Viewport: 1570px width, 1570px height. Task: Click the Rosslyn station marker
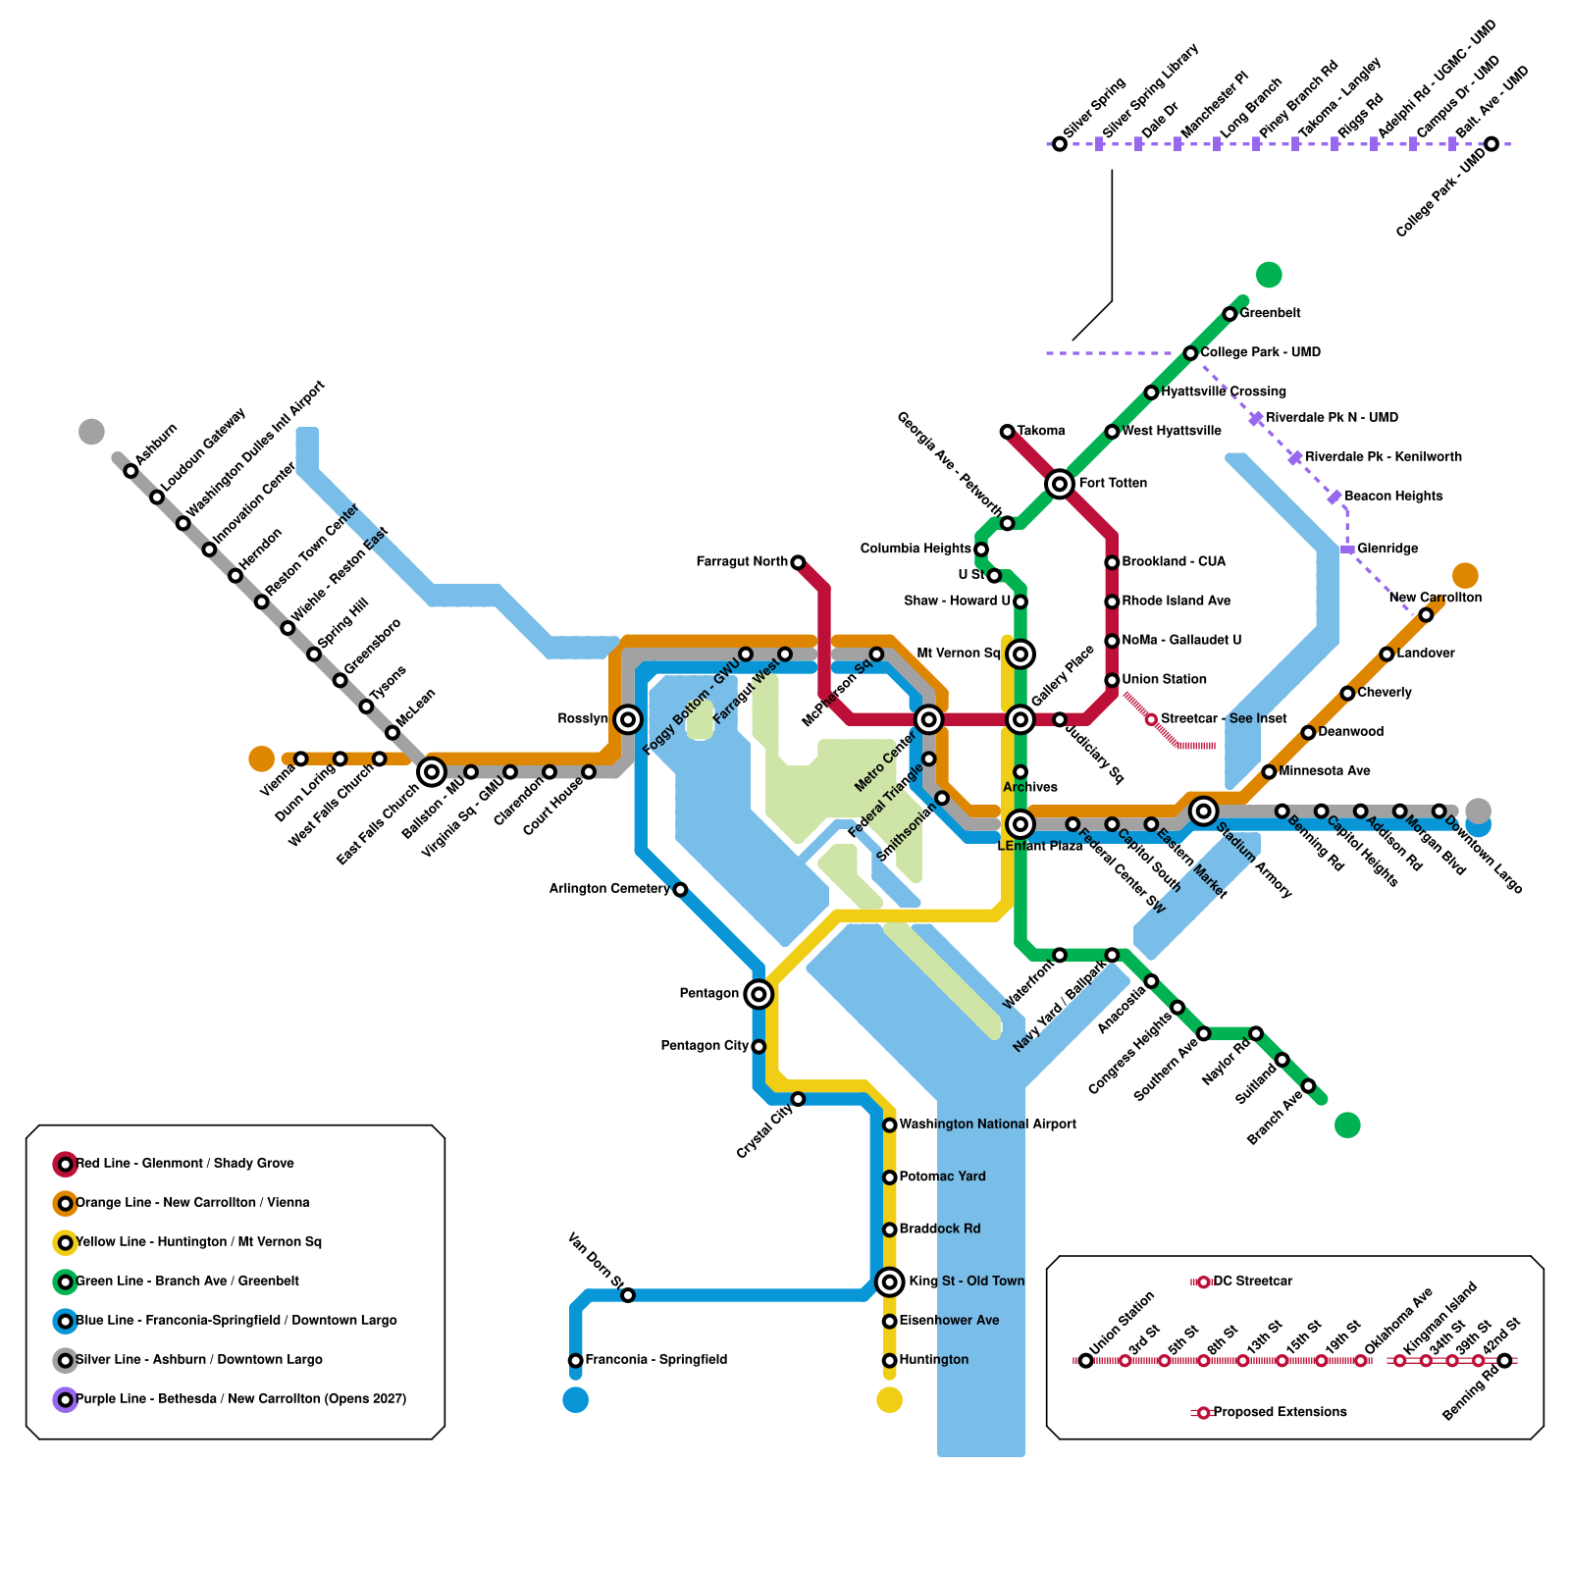628,719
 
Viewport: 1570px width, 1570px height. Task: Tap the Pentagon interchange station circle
759,994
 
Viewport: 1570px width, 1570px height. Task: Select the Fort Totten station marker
1060,484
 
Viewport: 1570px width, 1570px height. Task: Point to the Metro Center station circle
929,719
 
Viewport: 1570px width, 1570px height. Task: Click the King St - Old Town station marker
890,1282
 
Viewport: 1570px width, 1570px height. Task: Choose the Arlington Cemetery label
609,889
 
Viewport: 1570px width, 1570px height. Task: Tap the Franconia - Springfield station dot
576,1360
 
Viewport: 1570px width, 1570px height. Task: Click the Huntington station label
933,1360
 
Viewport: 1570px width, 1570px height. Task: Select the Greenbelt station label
1270,313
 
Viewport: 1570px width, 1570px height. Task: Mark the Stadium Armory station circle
1204,811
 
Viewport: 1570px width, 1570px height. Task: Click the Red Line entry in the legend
184,1164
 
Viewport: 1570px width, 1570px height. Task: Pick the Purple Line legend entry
240,1399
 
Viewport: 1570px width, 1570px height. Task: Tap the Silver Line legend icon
66,1360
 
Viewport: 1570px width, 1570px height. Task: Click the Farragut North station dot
798,562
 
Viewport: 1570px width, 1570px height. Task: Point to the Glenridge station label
1387,549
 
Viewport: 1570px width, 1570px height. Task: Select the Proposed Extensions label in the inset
1280,1412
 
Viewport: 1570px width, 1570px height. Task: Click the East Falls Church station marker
432,772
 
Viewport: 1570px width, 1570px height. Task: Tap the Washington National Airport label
987,1125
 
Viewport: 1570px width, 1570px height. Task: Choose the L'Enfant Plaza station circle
1020,824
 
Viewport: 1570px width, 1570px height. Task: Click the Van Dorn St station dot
628,1295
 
